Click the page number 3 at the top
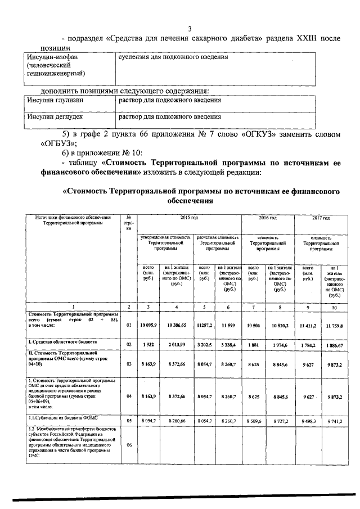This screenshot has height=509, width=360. [190, 29]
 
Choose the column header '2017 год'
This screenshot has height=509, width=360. [321, 217]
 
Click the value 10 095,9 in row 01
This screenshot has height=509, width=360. [148, 325]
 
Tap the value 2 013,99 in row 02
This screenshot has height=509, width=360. [176, 343]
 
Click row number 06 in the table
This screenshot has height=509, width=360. [129, 444]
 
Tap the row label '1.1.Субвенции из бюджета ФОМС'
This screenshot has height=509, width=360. [56, 418]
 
